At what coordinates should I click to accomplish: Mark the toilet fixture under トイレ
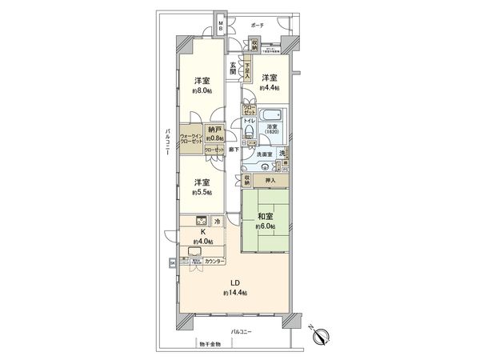point(249,133)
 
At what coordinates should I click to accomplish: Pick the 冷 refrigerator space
point(217,222)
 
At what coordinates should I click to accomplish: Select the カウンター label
point(213,261)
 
